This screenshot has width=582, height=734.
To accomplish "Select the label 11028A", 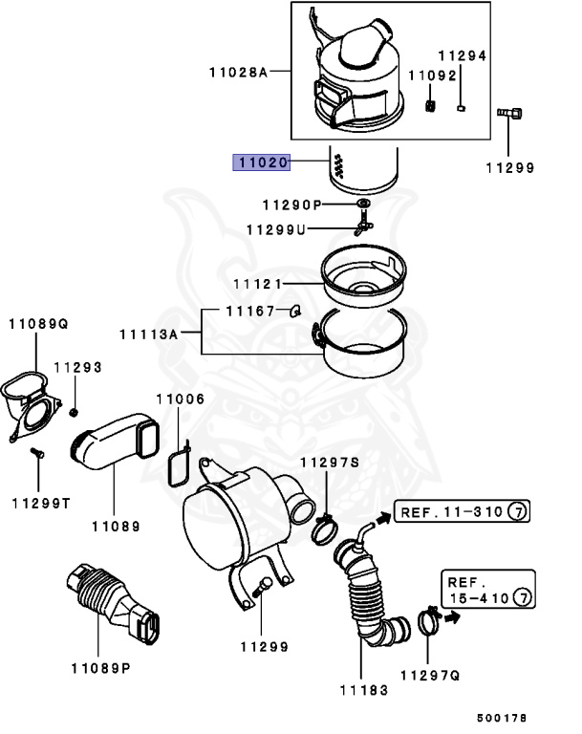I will (238, 72).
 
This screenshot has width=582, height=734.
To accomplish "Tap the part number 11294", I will (463, 55).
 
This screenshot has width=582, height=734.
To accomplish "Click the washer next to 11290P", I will (363, 205).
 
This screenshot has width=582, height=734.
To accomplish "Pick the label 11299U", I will (275, 229).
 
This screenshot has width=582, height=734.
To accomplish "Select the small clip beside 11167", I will (295, 310).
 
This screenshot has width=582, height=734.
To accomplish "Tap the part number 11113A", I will (148, 334).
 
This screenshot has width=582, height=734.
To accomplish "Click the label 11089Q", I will (39, 324).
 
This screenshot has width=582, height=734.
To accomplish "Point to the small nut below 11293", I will (74, 411).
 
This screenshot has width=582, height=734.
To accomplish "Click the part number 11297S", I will (329, 463).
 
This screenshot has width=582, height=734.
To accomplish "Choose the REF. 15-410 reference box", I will (485, 590).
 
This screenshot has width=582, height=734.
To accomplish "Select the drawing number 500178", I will (502, 717).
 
